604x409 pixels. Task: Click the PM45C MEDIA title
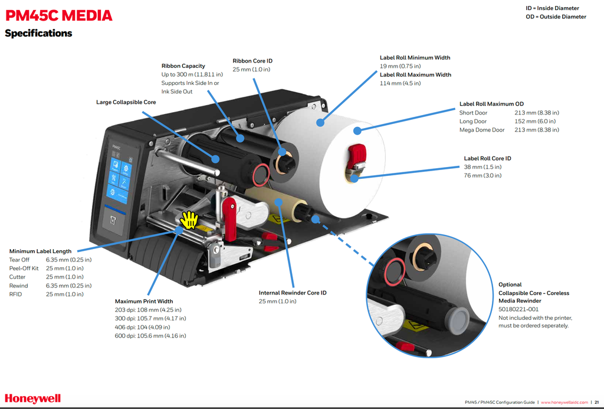[58, 15]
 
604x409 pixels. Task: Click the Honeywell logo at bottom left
[32, 398]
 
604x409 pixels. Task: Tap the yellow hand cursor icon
[189, 220]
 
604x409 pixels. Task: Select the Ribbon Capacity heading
[183, 66]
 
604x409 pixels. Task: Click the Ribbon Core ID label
[252, 61]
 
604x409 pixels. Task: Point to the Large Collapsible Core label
[126, 102]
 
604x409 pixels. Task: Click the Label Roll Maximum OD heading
[491, 104]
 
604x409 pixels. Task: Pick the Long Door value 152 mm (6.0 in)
[537, 121]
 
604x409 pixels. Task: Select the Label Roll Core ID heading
[487, 158]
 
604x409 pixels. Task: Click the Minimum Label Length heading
[40, 251]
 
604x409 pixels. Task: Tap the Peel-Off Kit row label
[24, 269]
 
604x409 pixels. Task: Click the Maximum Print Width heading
[144, 301]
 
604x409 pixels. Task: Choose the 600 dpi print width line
[150, 336]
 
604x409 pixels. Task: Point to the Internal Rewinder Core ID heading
[293, 293]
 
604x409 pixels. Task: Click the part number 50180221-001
[518, 309]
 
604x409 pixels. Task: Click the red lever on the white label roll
[357, 159]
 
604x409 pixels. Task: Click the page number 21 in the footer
[596, 402]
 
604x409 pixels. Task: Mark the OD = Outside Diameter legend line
[556, 17]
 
